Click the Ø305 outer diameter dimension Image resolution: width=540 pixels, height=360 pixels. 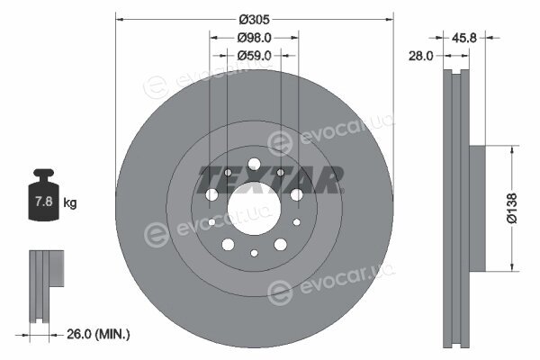coord(254,20)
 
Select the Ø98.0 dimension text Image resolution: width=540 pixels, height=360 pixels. coord(254,38)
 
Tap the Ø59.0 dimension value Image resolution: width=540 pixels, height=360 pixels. coord(254,55)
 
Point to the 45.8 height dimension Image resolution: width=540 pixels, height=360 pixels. coord(463,38)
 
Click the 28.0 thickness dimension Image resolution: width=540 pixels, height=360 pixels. coord(421,56)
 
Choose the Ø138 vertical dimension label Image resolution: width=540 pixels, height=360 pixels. coord(512,208)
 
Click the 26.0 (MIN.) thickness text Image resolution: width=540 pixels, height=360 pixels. coord(98,334)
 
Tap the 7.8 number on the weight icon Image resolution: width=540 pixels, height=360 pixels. coord(44,201)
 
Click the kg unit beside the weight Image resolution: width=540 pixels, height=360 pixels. coord(70,202)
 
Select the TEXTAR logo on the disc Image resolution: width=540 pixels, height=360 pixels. coord(271,180)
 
